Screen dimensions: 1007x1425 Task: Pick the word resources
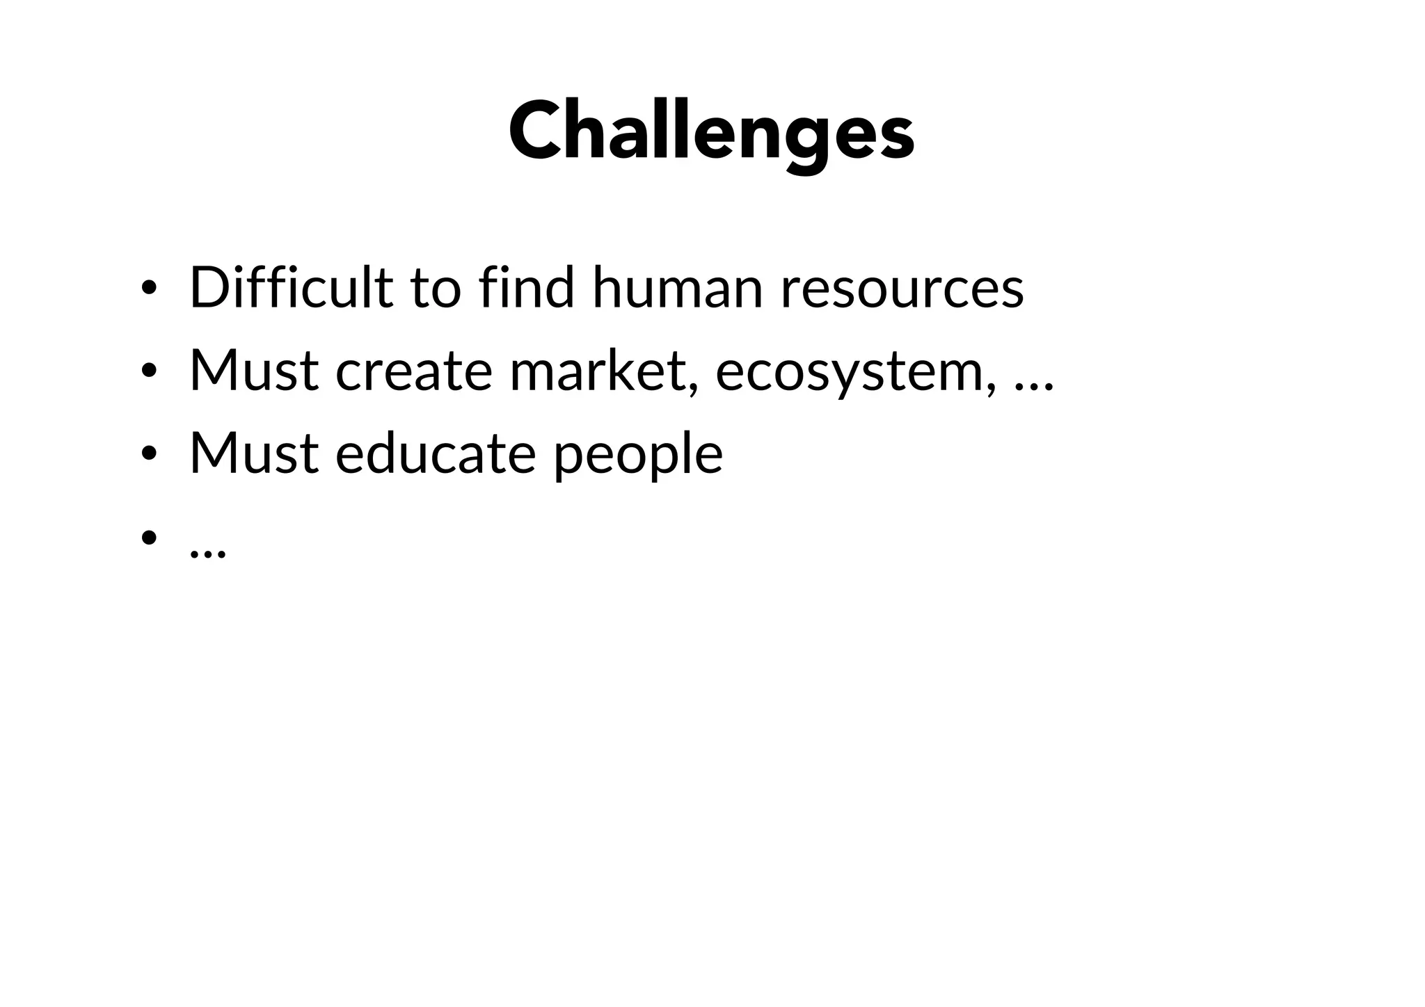[902, 289]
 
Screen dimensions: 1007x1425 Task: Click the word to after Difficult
[435, 289]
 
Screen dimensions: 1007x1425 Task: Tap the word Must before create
[254, 371]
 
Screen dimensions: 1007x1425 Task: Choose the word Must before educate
[254, 453]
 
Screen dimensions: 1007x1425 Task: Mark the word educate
[435, 453]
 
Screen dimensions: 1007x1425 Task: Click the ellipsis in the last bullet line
[207, 553]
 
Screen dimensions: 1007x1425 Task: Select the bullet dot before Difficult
[147, 289]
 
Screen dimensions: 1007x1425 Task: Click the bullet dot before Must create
[147, 372]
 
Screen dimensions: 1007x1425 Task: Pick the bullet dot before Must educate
[147, 454]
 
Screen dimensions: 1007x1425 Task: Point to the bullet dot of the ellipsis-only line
[147, 537]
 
